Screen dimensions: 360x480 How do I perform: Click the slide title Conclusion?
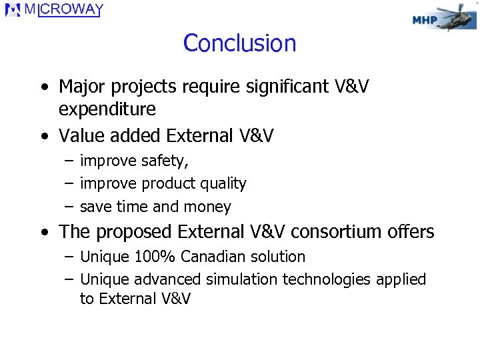click(239, 43)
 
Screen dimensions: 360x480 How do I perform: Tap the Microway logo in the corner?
click(54, 11)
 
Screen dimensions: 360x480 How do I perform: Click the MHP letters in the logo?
click(425, 20)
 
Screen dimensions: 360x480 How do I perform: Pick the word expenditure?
click(107, 109)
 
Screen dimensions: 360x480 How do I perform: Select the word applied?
click(399, 279)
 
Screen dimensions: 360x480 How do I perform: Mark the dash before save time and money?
click(69, 207)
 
